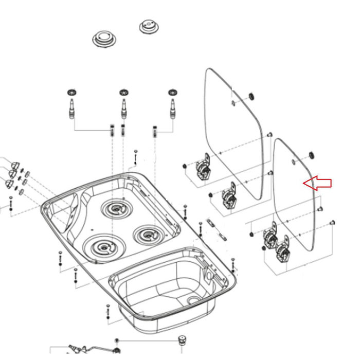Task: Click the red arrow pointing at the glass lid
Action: pyautogui.click(x=317, y=183)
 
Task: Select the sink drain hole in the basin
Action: pyautogui.click(x=193, y=299)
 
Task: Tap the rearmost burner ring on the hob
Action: pyautogui.click(x=117, y=209)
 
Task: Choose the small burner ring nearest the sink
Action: pyautogui.click(x=148, y=235)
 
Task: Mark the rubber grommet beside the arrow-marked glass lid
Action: pyautogui.click(x=311, y=155)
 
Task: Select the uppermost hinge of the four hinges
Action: pyautogui.click(x=203, y=168)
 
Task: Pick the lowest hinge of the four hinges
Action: pyautogui.click(x=283, y=254)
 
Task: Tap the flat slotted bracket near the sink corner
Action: pyautogui.click(x=216, y=228)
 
